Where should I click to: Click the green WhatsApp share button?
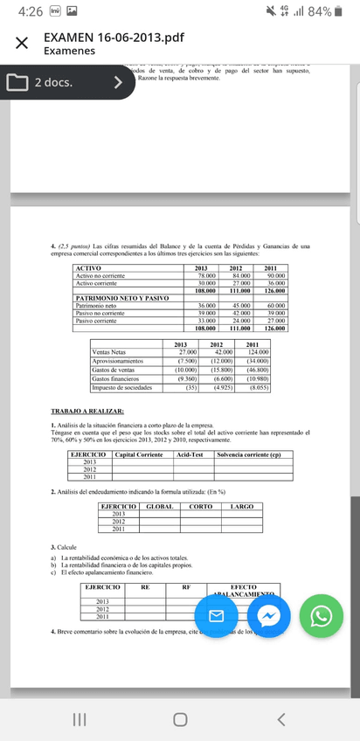322,617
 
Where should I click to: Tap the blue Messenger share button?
272,617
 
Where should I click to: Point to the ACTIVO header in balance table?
89,267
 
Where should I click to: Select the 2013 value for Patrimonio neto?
206,305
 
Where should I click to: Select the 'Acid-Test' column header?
190,454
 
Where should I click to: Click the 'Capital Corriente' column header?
138,454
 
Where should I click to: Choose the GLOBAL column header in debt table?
157,506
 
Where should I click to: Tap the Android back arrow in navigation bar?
281,719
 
